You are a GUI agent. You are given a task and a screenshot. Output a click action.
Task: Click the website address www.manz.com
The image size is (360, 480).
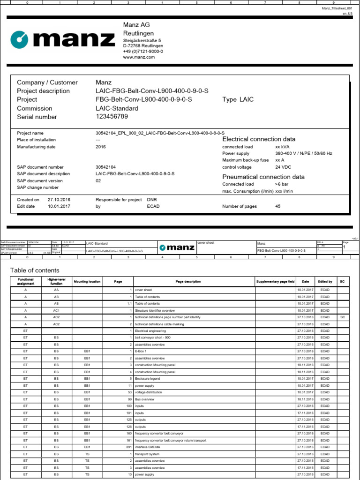tap(138, 57)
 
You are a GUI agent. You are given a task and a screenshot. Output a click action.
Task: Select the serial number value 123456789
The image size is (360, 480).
tap(112, 117)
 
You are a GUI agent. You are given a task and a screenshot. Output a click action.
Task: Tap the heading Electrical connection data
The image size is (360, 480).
tap(259, 139)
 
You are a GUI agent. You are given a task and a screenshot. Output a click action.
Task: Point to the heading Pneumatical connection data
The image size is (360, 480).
tap(263, 177)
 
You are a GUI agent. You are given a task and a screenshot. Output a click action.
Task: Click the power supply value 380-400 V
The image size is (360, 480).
tap(304, 153)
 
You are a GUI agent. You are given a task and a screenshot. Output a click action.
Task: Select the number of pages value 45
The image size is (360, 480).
tap(278, 206)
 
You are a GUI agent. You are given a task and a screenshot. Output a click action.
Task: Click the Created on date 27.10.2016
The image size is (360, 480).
tap(59, 199)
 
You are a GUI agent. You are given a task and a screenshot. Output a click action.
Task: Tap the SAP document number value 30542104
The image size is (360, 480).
tap(105, 167)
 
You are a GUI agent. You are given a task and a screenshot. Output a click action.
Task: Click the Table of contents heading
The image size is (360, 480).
tap(35, 270)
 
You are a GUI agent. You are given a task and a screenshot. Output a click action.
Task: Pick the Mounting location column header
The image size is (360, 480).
tap(87, 282)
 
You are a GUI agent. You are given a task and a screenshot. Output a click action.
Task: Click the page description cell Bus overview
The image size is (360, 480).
tap(145, 399)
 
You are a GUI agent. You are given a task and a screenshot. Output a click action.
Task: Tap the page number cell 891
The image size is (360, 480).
tap(127, 447)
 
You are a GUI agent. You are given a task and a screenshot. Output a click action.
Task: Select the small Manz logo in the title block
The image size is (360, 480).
tap(175, 247)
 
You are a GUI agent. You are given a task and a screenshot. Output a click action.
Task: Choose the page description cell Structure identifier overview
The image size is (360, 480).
tap(155, 310)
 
